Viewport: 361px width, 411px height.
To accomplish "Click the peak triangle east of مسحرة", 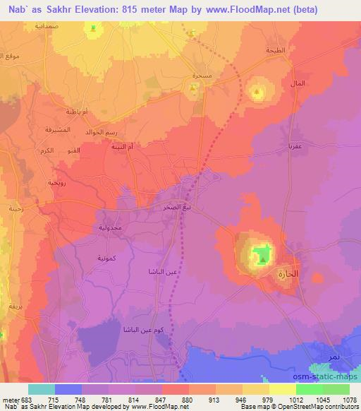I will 257,92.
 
